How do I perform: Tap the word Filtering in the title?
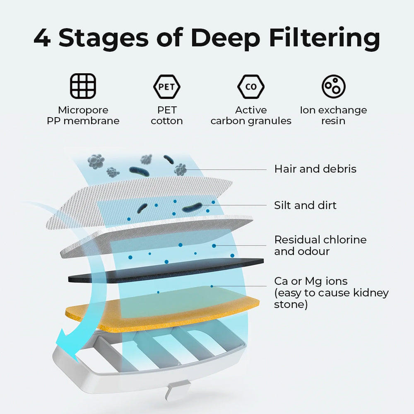click(325, 39)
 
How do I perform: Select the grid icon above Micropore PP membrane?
click(83, 86)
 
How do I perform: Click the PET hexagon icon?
click(167, 87)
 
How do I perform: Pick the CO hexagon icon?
click(251, 87)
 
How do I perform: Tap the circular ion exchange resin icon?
click(333, 87)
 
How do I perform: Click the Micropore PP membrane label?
click(83, 116)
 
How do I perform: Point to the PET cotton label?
click(167, 116)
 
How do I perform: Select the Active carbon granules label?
click(251, 116)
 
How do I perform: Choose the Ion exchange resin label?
click(333, 116)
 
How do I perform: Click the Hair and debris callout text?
click(315, 169)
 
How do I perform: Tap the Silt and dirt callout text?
click(306, 205)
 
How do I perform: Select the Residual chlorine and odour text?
click(320, 246)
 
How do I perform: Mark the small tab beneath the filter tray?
click(177, 390)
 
